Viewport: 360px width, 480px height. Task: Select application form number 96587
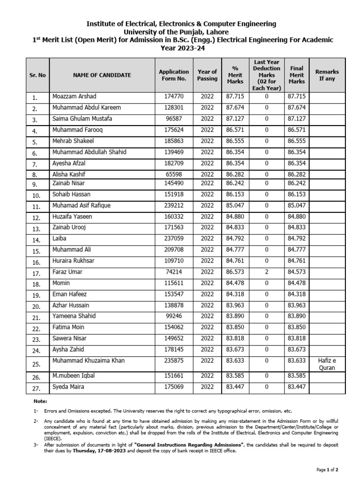coord(173,119)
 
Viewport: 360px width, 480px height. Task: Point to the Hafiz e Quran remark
coord(327,364)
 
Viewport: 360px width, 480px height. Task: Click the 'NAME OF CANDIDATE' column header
coord(102,75)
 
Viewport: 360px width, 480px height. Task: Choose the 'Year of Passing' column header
coord(207,75)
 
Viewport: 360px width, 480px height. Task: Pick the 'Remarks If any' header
coord(327,75)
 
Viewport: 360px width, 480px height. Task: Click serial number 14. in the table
coord(35,240)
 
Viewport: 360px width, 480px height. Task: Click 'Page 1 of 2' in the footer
coord(327,469)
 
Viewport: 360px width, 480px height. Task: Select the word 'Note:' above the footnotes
coord(41,401)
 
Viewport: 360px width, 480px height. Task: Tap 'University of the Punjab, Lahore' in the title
coord(180,31)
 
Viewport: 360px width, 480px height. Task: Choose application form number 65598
coord(173,174)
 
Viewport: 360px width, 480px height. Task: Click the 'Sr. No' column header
coord(37,75)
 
